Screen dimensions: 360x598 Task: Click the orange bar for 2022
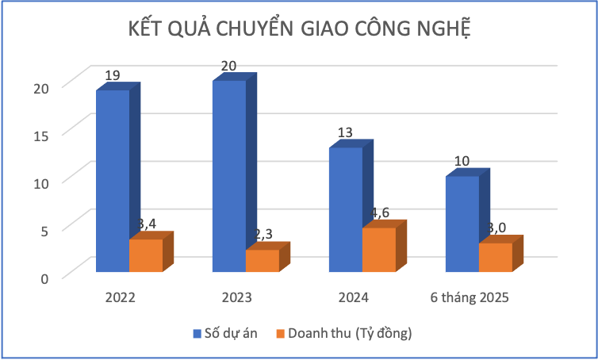point(146,255)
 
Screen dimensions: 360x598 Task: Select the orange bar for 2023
point(262,261)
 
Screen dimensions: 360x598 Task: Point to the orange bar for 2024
point(378,250)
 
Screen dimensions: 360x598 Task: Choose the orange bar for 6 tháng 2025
point(495,257)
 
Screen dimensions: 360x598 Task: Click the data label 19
point(113,75)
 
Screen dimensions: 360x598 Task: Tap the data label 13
point(345,133)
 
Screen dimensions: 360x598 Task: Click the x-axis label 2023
point(236,298)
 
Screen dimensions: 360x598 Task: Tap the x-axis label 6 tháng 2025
point(469,298)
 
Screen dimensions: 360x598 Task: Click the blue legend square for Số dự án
point(197,333)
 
